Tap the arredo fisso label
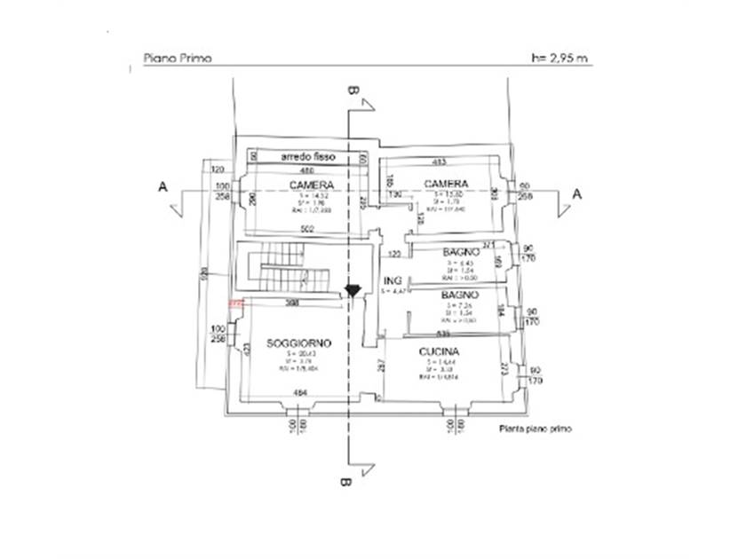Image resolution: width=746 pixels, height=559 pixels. tap(308, 156)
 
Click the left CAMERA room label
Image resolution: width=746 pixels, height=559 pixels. tap(311, 185)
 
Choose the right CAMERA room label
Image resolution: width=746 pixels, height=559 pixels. tap(446, 185)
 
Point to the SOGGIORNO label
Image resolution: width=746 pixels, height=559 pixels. tap(299, 342)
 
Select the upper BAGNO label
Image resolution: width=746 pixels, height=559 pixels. tap(461, 252)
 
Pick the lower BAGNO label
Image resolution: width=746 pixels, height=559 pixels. tap(461, 294)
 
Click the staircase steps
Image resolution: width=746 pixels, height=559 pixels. tap(277, 265)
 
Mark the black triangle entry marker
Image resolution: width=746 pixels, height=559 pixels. tap(353, 290)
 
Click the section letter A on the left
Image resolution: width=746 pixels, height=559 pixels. tap(162, 187)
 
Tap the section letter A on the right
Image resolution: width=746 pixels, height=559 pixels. tap(577, 193)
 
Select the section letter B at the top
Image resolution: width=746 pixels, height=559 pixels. tap(353, 91)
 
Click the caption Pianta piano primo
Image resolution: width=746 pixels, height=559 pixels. tap(535, 428)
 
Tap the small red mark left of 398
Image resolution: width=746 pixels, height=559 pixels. tap(235, 303)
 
